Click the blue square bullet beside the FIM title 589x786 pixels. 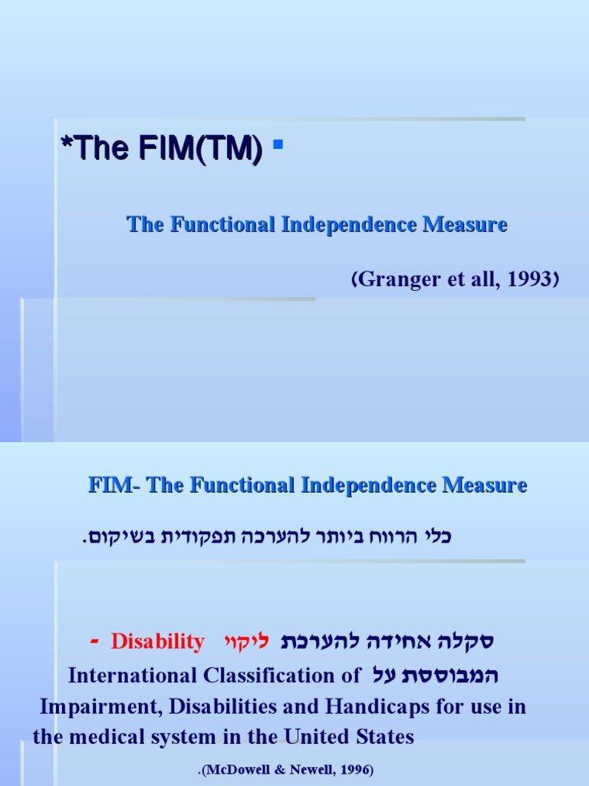[278, 144]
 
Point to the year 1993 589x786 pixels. [531, 280]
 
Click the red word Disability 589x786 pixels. [158, 642]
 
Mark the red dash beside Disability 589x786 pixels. [94, 640]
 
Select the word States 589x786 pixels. [383, 738]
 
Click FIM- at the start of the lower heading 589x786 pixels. [114, 485]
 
